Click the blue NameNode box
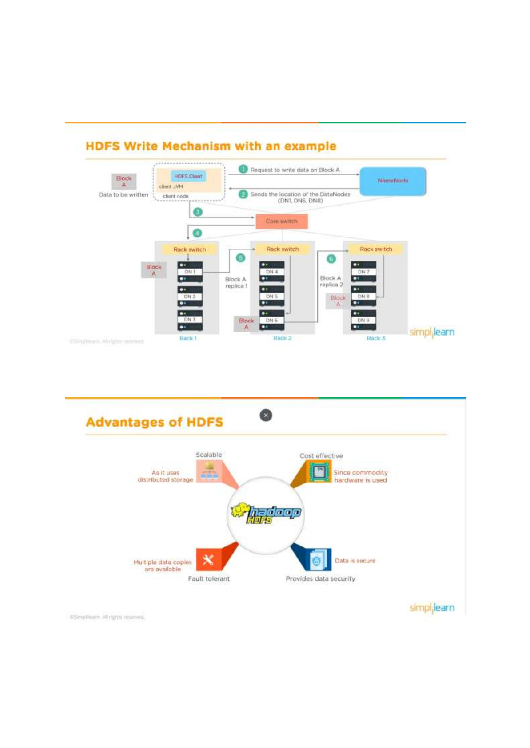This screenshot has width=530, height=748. pyautogui.click(x=393, y=181)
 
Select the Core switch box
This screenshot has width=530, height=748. pyautogui.click(x=282, y=221)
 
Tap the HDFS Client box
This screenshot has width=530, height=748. pyautogui.click(x=188, y=176)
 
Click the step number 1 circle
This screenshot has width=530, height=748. pyautogui.click(x=243, y=169)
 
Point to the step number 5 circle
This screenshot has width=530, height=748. pyautogui.click(x=241, y=258)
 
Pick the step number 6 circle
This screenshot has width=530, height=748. pyautogui.click(x=331, y=259)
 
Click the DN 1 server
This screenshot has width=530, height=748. pyautogui.click(x=190, y=272)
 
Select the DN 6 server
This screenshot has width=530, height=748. pyautogui.click(x=272, y=320)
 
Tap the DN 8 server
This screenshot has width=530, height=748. pyautogui.click(x=363, y=296)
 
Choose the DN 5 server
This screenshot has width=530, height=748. pyautogui.click(x=272, y=296)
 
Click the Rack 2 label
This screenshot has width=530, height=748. pyautogui.click(x=282, y=338)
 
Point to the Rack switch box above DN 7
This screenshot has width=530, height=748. pyautogui.click(x=376, y=249)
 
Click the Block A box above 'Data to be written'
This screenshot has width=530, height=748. pyautogui.click(x=124, y=181)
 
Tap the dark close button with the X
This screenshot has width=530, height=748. pyautogui.click(x=266, y=416)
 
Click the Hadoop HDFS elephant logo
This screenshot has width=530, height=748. pyautogui.click(x=266, y=514)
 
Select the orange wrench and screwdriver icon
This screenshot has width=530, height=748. pyautogui.click(x=208, y=560)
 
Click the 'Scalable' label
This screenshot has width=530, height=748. pyautogui.click(x=209, y=455)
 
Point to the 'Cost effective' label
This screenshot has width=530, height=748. pyautogui.click(x=321, y=456)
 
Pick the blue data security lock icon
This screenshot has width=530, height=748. pyautogui.click(x=317, y=560)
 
